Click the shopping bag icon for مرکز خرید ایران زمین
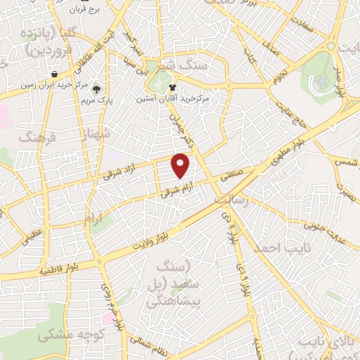click(54, 75)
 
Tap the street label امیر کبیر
click(131, 44)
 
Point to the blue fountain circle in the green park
click(321, 81)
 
